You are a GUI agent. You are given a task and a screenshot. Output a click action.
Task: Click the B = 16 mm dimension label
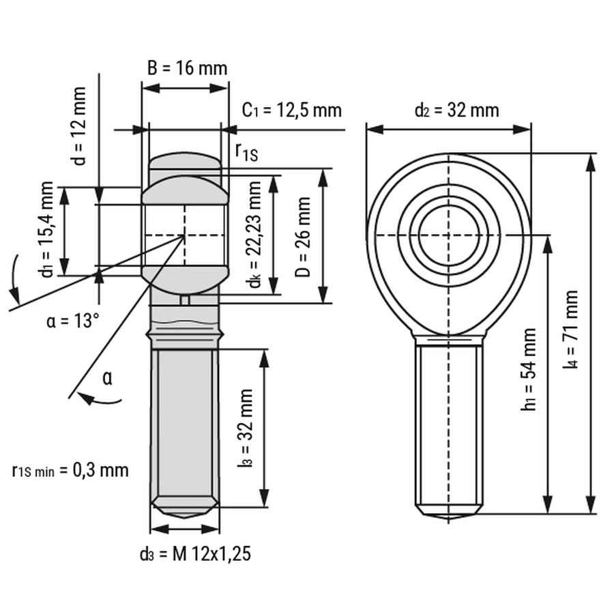click(187, 68)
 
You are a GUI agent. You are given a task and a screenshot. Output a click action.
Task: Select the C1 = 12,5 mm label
click(292, 111)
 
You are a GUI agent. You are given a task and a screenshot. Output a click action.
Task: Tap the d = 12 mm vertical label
click(80, 126)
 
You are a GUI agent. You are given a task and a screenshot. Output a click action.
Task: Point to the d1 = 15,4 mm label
click(46, 229)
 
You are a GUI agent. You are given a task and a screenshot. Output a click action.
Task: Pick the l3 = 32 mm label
click(246, 428)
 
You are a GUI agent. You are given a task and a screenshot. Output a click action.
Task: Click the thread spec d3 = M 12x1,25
click(196, 554)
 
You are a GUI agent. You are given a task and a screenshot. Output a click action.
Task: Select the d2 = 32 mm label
click(457, 110)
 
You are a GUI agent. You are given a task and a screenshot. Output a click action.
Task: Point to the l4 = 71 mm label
click(570, 330)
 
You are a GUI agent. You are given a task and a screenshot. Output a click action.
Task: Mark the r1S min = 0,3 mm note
click(70, 470)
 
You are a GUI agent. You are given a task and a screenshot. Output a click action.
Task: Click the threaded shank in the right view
click(449, 426)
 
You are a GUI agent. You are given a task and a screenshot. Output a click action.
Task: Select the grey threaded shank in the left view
click(185, 426)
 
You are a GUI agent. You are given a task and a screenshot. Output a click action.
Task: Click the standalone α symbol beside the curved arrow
click(107, 377)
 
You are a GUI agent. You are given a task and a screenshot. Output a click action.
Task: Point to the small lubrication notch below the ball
click(185, 299)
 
